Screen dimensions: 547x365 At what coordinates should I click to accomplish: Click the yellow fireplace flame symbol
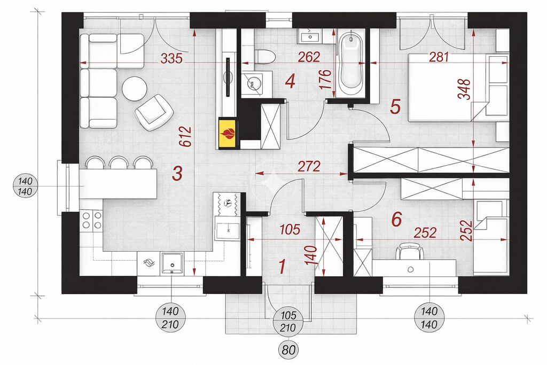[228, 134]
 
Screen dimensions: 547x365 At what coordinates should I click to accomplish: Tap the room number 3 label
[177, 174]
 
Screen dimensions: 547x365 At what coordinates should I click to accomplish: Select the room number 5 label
[395, 107]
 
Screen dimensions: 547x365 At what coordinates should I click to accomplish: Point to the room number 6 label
[397, 219]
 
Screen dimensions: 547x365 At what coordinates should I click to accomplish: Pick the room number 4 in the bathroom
[290, 81]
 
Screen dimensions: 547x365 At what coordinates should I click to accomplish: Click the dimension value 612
[186, 136]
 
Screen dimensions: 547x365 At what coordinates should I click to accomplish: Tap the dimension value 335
[171, 58]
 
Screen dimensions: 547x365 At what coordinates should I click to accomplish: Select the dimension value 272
[309, 166]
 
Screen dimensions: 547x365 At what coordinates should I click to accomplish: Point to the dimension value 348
[466, 89]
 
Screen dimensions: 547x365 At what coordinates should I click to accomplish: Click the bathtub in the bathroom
[350, 63]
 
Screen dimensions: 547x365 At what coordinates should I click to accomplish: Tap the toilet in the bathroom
[265, 57]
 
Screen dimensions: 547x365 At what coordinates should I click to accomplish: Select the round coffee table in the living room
[134, 89]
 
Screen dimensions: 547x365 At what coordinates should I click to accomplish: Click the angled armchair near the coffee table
[154, 112]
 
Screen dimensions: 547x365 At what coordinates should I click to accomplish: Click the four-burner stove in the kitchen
[91, 220]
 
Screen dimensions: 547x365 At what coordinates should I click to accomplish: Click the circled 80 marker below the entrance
[288, 350]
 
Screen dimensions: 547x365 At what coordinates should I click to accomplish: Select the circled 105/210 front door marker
[288, 321]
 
